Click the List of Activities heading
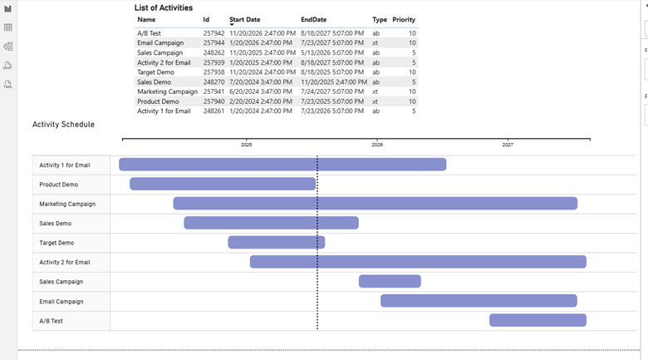(x=164, y=7)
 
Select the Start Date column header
(x=244, y=19)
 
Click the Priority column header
(x=404, y=19)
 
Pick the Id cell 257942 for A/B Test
(x=214, y=33)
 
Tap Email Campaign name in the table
(x=160, y=42)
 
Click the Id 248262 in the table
(x=214, y=52)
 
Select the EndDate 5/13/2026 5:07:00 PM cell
(x=332, y=52)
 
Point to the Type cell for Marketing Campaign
(x=376, y=91)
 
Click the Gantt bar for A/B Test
(x=538, y=320)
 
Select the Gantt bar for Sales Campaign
(x=390, y=281)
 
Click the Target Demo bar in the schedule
(x=276, y=242)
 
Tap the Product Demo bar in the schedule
(x=223, y=184)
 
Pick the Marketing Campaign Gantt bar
(x=375, y=203)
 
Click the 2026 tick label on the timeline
(x=377, y=145)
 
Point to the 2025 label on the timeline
(x=247, y=145)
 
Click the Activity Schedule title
(x=63, y=125)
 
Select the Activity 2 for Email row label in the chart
(x=65, y=262)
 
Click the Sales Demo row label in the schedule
(x=56, y=223)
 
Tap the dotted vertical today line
(x=317, y=249)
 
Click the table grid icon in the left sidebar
(x=8, y=27)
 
